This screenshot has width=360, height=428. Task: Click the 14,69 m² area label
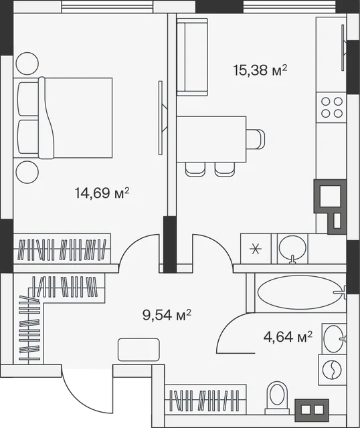point(102,193)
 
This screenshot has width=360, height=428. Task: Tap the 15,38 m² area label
point(260,70)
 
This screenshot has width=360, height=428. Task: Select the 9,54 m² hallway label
point(167,315)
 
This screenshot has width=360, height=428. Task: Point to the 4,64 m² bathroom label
point(288,337)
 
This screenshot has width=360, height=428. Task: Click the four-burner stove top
point(332,107)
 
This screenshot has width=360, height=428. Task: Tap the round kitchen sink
point(292,249)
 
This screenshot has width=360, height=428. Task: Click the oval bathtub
point(300,293)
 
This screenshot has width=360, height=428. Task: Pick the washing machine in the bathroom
point(333,370)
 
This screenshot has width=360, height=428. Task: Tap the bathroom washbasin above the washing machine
point(335,339)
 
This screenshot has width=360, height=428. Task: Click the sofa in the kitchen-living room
point(192,57)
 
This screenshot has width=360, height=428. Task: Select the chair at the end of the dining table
point(256,139)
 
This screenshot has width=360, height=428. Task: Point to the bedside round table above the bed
point(27,64)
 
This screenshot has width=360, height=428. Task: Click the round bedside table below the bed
point(27,172)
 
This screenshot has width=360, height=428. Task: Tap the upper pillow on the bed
point(28,99)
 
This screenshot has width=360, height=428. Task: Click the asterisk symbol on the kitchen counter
point(256,249)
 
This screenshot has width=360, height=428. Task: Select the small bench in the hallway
point(139,350)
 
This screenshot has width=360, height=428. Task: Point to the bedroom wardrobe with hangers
point(62,249)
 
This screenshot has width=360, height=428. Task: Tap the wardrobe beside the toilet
point(205,400)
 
